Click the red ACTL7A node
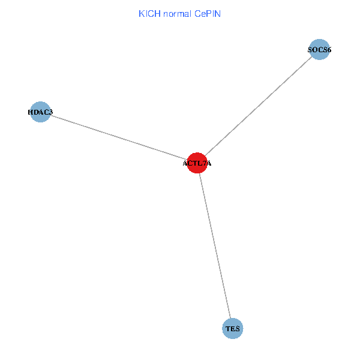[197, 163]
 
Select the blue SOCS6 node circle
[320, 50]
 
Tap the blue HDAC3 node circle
[40, 112]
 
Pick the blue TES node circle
[232, 329]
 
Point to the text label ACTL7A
[197, 163]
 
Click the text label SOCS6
[320, 50]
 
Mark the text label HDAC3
[40, 112]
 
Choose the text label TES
[232, 329]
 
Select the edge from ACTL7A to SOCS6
[259, 106]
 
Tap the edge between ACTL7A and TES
[215, 246]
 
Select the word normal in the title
[177, 13]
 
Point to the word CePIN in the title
[208, 13]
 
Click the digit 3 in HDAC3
[50, 112]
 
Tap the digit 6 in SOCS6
[329, 50]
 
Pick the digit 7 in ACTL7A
[204, 163]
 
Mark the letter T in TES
[227, 329]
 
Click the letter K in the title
[142, 13]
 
